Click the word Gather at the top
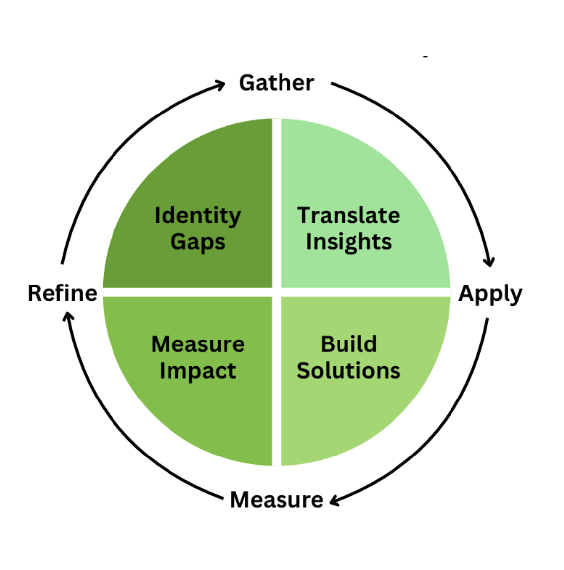coord(276,83)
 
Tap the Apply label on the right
coord(490,294)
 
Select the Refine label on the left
coord(62,293)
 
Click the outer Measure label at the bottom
coord(277,500)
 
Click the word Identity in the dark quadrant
coord(198,216)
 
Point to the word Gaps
coord(198,242)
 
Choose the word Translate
coord(348,216)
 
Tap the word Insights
coord(348,242)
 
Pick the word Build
coord(348,344)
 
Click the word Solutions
coord(348,371)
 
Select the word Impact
coord(198,371)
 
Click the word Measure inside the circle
coord(198,344)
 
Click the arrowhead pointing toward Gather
coord(220,85)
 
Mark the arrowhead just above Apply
coord(489,261)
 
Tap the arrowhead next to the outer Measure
coord(335,501)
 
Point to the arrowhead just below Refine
coord(68,316)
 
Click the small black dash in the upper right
coord(425,57)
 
